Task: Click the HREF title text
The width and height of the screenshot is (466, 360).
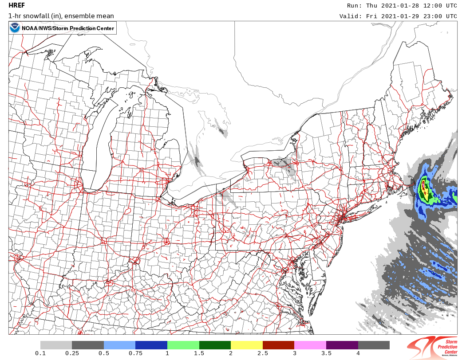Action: point(17,6)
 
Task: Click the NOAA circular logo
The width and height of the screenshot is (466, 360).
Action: point(15,28)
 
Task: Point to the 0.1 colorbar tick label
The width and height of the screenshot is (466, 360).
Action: point(40,353)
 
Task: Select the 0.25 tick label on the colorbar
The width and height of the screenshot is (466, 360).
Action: point(72,353)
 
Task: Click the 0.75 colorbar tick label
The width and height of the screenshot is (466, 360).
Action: point(135,353)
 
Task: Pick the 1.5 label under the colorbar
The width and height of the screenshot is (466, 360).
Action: point(199,353)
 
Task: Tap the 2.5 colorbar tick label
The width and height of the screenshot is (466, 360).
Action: point(263,353)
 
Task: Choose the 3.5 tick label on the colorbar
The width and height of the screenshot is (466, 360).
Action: point(326,353)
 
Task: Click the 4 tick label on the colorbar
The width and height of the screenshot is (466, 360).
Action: point(358,353)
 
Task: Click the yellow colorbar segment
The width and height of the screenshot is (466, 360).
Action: point(247,345)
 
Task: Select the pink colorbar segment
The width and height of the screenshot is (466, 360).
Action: point(310,345)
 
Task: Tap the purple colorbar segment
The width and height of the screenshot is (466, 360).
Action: point(342,345)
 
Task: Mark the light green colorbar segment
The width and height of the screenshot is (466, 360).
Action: point(183,345)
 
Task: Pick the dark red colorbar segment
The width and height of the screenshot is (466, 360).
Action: point(279,345)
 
